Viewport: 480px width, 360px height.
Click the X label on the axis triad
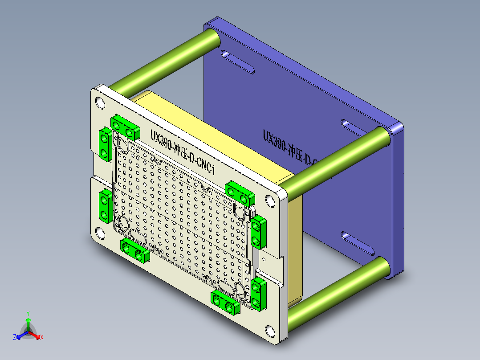point(42,338)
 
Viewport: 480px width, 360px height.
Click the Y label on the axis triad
point(28,313)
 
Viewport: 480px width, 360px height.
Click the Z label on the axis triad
point(15,338)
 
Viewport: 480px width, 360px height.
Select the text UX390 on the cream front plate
point(161,138)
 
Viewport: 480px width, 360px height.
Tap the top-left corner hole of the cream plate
point(101,103)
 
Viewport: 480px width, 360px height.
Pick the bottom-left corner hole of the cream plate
point(99,232)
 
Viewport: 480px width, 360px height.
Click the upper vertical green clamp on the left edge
point(105,144)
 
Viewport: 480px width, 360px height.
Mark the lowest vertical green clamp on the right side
point(258,294)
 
